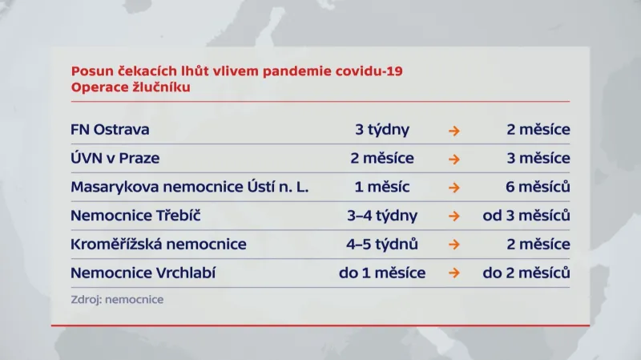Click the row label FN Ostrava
click(110, 130)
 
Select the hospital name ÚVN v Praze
click(115, 159)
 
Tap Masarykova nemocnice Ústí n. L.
click(189, 188)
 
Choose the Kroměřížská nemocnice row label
click(159, 244)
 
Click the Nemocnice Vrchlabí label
click(143, 273)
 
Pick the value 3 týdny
click(382, 130)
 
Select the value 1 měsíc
click(382, 188)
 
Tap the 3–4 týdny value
click(382, 216)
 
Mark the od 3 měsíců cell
click(526, 216)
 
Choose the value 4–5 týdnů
click(382, 244)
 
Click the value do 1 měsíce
click(382, 273)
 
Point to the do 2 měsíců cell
click(526, 273)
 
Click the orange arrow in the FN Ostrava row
click(454, 130)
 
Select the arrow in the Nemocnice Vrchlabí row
click(454, 273)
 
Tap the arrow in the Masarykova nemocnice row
click(454, 188)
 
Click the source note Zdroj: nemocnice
click(117, 299)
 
